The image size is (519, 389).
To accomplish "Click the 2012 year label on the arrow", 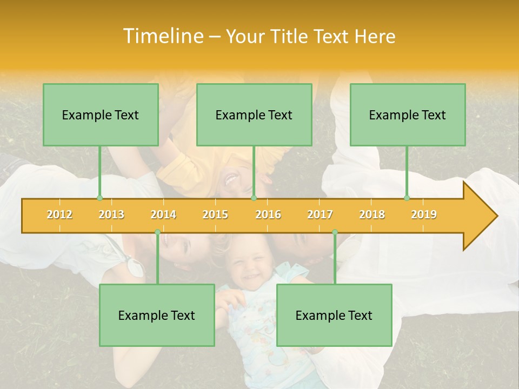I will (59, 214).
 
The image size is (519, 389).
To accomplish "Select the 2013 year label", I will (111, 214).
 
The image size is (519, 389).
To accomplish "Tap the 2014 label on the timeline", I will (163, 214).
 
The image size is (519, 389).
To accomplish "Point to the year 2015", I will (215, 214).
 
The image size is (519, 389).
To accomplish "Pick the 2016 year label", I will (268, 214).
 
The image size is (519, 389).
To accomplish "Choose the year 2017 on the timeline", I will (320, 214).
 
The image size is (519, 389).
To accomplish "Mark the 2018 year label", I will (372, 214).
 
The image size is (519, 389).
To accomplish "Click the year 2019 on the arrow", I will (424, 214).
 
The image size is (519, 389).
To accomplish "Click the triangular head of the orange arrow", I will (479, 216).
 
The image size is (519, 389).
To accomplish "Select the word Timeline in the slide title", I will (163, 36).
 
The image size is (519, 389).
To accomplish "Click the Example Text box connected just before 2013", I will (101, 115).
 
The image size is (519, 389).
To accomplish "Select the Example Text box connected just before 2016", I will (254, 115).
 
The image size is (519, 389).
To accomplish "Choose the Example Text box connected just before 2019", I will (408, 115).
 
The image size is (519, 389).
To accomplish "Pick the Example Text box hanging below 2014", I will (157, 315).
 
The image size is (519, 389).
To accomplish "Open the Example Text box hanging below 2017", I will (334, 315).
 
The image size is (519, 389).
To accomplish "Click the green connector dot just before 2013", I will (99, 198).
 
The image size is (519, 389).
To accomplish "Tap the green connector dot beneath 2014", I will (157, 232).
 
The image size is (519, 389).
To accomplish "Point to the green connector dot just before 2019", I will (407, 198).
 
